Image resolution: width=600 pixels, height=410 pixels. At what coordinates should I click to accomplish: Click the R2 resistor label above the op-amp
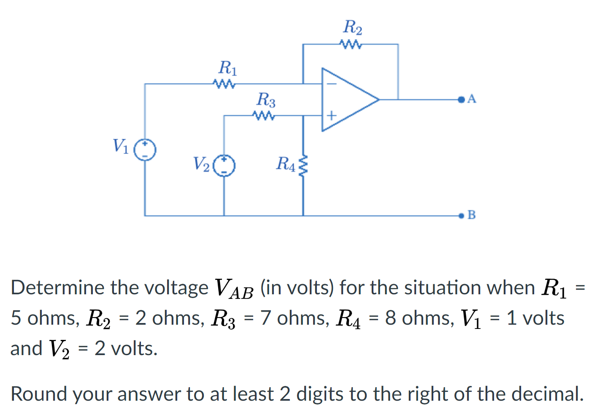(352, 27)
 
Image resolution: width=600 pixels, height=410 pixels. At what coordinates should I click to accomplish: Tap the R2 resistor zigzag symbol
(350, 44)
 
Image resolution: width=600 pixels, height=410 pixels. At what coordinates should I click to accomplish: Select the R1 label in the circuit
(227, 68)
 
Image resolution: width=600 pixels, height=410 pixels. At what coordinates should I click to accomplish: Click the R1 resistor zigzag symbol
(224, 84)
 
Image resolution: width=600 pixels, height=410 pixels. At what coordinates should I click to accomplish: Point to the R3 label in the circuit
(266, 100)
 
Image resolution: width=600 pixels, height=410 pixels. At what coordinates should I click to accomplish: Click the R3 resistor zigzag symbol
(264, 115)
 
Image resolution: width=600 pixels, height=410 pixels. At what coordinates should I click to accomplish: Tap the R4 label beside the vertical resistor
(286, 164)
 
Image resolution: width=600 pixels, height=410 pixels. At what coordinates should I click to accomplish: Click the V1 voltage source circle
(145, 150)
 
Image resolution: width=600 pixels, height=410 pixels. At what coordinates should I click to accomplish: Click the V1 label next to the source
(120, 146)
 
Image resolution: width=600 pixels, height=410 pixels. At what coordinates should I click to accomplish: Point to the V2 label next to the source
(201, 164)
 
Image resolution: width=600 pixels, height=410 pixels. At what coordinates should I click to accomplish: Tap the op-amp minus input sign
(332, 84)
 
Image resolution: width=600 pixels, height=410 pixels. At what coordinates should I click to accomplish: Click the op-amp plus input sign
(332, 115)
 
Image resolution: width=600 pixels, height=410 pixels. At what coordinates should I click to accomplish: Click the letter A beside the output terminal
(472, 99)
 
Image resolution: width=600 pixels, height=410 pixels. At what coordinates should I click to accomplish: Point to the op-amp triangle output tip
(378, 100)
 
